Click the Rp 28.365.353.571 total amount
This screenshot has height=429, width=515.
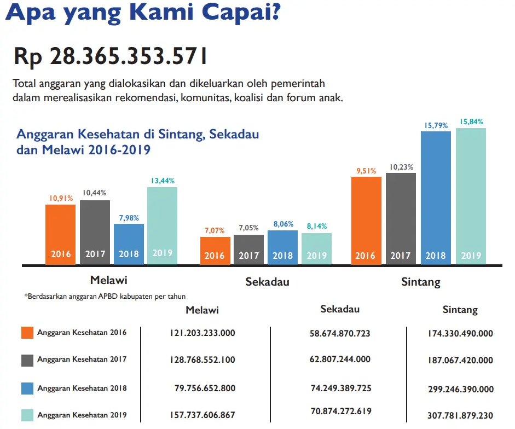tap(110, 56)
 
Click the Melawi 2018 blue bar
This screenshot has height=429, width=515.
tap(129, 244)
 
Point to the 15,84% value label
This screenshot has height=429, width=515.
tap(471, 122)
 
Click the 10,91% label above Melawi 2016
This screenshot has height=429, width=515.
tap(61, 198)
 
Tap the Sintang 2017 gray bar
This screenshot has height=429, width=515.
tap(401, 219)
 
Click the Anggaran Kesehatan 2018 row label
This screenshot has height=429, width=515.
tap(82, 389)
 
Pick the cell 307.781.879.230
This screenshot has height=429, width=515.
tap(460, 415)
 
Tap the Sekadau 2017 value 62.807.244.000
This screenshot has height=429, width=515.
tap(340, 360)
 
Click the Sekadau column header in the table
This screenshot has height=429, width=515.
tap(340, 309)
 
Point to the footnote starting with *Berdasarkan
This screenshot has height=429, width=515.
tap(105, 297)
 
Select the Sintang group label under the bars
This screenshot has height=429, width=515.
tap(420, 282)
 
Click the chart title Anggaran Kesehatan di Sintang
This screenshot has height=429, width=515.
tap(137, 135)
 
